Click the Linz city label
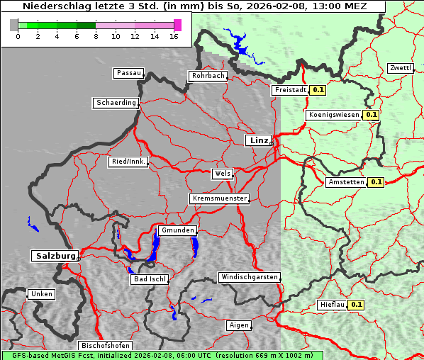[258, 140]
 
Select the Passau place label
[128, 73]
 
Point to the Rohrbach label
[208, 76]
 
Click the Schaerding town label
[116, 103]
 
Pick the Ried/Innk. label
[128, 162]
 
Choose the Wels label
[222, 174]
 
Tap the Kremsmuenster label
[219, 198]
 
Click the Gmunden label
[177, 231]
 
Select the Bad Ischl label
[150, 279]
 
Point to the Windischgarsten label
[249, 277]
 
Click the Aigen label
[239, 325]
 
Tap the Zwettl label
[400, 68]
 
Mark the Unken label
[41, 294]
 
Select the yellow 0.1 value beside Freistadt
[318, 90]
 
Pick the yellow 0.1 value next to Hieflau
[357, 305]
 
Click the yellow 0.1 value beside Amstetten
[376, 182]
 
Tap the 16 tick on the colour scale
[174, 36]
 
